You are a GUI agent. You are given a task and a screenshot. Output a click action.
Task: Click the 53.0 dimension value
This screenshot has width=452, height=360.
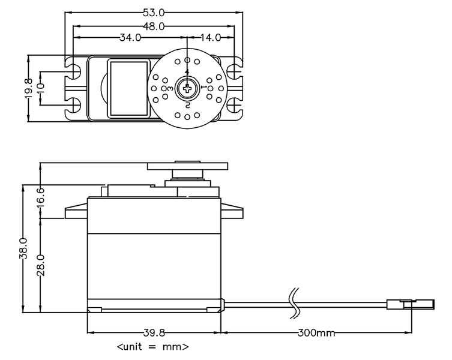point(154,13)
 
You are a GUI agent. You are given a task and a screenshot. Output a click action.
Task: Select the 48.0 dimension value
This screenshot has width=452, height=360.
point(154,26)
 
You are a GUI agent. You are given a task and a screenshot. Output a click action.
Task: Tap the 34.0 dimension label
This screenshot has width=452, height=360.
point(130,37)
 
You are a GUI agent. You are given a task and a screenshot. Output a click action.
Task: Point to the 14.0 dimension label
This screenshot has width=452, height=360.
point(210,37)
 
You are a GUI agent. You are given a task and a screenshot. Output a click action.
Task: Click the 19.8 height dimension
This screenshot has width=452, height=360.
point(29,89)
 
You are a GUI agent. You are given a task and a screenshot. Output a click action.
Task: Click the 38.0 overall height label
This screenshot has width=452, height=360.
point(23,248)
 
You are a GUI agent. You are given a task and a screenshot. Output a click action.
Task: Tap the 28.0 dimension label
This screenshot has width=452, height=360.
point(41,265)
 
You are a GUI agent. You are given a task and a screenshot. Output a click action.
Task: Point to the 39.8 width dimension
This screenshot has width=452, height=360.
point(154,333)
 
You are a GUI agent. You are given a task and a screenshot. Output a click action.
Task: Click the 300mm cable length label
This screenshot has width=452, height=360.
point(316,333)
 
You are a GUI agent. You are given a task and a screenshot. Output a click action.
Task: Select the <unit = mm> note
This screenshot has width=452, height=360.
point(153,346)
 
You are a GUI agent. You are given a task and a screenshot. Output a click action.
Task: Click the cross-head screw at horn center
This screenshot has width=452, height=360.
point(187,88)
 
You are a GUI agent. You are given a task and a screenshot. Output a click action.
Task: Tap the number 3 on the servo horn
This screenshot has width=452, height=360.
point(170,88)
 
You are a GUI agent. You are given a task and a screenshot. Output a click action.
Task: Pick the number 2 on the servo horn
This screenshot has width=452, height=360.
point(187,105)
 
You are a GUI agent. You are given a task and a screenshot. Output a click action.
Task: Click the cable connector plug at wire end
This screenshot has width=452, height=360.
point(411,304)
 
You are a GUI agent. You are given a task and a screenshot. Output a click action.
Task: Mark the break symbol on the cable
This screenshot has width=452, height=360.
point(295,303)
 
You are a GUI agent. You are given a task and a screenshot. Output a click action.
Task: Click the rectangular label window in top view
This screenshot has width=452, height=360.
point(128,88)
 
